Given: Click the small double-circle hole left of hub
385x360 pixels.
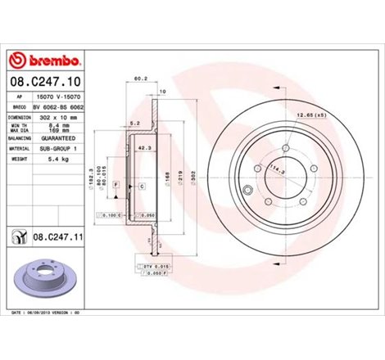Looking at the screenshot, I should [x=247, y=191].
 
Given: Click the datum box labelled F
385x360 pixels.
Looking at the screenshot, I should [x=117, y=187].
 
